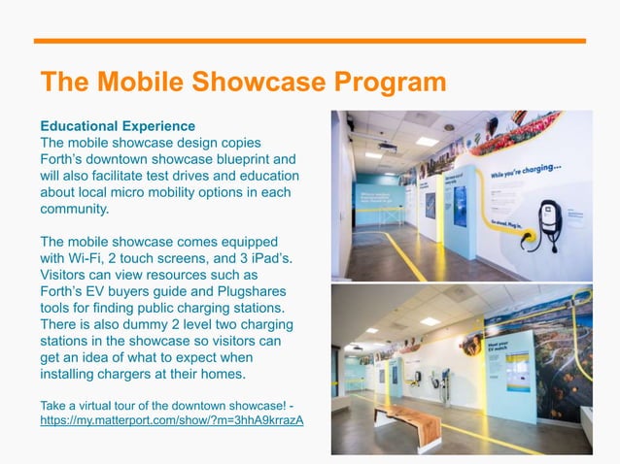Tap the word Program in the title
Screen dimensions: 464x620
(386, 82)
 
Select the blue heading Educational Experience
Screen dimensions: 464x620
(117, 126)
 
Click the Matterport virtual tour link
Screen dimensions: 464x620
(171, 420)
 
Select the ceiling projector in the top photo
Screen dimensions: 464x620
(387, 147)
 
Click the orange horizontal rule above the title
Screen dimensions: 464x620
(310, 41)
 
